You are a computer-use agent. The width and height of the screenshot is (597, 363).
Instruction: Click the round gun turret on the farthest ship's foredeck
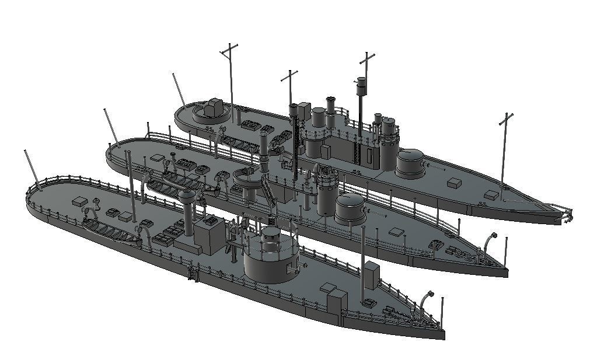[410, 162]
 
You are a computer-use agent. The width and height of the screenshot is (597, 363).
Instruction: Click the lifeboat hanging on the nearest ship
[111, 233]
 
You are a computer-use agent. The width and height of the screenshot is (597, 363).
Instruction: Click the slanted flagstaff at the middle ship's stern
[110, 125]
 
